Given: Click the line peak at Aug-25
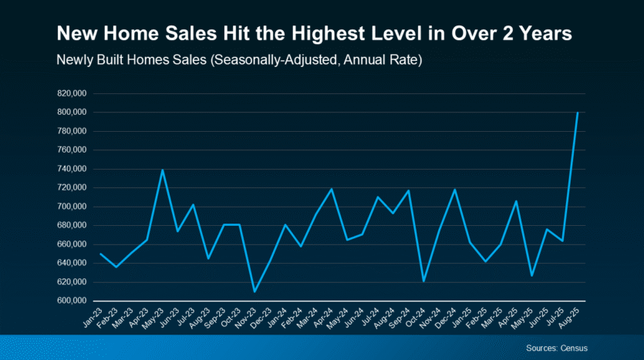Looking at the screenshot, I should [x=578, y=113].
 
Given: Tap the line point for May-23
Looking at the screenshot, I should [x=163, y=170].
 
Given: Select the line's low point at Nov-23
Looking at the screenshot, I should [x=255, y=291].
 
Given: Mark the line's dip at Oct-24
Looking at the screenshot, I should [x=423, y=281].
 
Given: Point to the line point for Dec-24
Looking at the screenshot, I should [x=454, y=189].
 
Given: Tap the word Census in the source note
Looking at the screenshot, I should [x=573, y=348].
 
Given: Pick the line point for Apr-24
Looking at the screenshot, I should [x=332, y=189].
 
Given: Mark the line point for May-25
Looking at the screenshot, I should [x=531, y=275].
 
